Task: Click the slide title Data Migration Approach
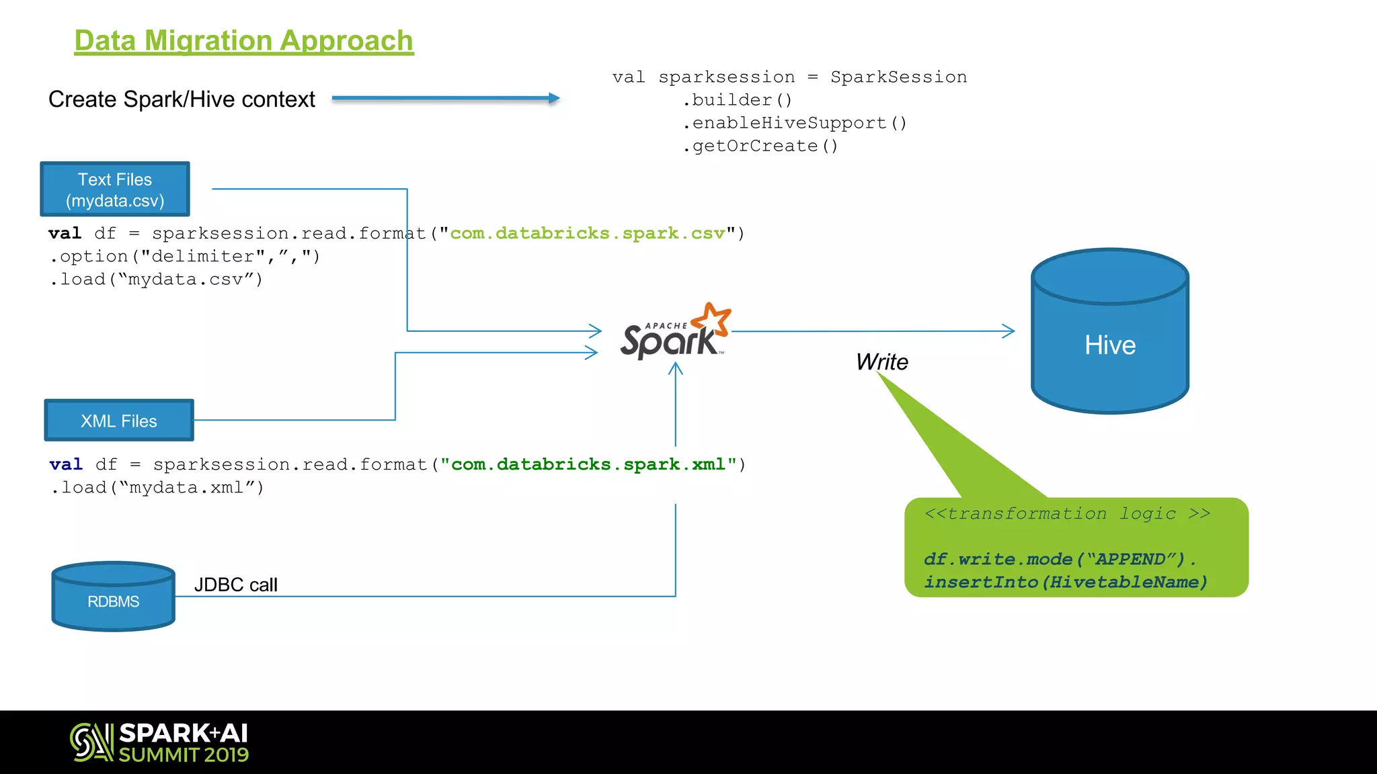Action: [x=243, y=41]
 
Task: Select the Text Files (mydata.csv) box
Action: [x=115, y=189]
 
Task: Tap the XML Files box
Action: [x=119, y=421]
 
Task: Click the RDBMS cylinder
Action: [x=113, y=597]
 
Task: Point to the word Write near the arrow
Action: [x=881, y=362]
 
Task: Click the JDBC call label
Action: [x=235, y=585]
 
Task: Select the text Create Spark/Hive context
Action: [x=182, y=99]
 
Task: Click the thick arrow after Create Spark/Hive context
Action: [x=445, y=98]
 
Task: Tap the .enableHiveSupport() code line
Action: [x=794, y=123]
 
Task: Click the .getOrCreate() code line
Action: [x=760, y=146]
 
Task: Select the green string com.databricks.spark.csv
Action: [x=587, y=233]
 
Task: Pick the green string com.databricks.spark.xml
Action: [x=588, y=464]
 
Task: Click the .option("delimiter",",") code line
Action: [x=184, y=256]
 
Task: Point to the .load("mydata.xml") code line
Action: [x=157, y=487]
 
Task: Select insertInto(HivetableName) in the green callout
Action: [x=1065, y=582]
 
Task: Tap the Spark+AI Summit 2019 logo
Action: [x=160, y=742]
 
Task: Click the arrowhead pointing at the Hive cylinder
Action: [x=1008, y=331]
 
